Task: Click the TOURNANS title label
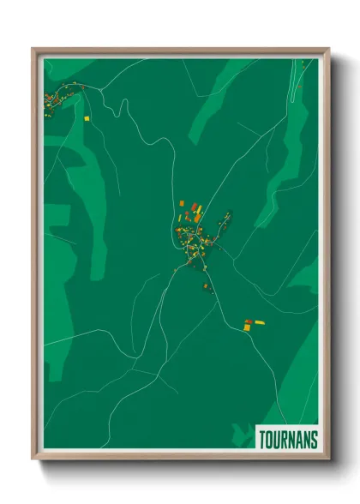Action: (x=287, y=440)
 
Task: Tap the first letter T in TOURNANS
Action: (x=261, y=440)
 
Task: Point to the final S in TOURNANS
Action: (x=314, y=440)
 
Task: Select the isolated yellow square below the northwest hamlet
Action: (x=87, y=117)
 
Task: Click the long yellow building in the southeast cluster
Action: (x=259, y=322)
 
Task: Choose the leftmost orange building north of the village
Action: (x=183, y=203)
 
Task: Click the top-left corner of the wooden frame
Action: (x=33, y=49)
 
